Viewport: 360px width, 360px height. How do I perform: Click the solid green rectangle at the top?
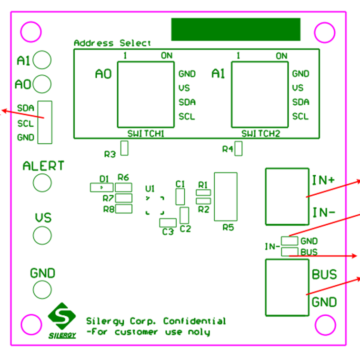tap(236, 30)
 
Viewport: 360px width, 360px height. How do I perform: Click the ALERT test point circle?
tap(42, 182)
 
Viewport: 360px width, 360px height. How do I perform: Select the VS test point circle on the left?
tap(42, 235)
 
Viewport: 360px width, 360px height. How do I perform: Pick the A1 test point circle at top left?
tap(43, 60)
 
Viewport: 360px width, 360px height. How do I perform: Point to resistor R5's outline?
tap(226, 196)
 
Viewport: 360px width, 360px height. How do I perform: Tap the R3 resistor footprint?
tap(124, 148)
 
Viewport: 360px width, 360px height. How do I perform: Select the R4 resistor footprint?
tap(239, 149)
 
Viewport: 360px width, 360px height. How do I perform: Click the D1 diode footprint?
tap(101, 188)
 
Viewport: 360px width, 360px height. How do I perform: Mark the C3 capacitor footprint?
tap(168, 222)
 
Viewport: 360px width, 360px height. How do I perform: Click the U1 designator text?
tap(150, 189)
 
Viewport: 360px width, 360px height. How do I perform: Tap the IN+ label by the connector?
tap(324, 180)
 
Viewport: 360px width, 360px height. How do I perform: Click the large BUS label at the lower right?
tap(324, 275)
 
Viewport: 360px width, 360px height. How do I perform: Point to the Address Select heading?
tap(112, 43)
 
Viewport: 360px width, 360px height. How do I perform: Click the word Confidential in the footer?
tap(194, 321)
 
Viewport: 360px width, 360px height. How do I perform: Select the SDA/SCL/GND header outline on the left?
tap(45, 122)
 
